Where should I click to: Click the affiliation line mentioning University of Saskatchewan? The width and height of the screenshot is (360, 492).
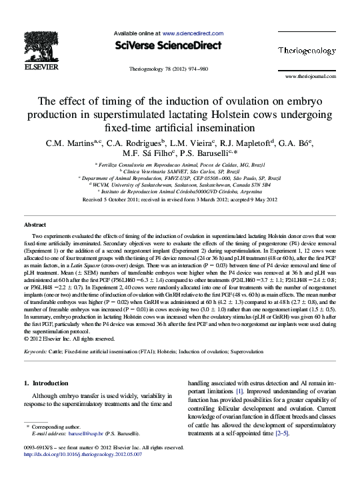tap(180, 185)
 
